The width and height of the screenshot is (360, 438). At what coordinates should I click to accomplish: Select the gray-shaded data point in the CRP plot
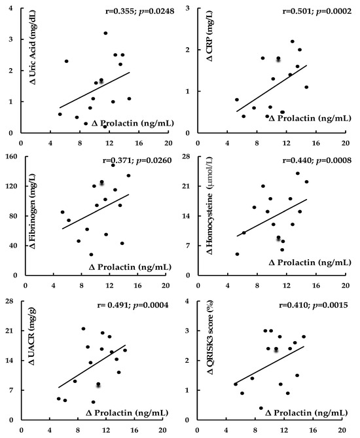pyautogui.click(x=278, y=59)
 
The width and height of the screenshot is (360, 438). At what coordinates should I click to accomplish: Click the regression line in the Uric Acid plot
pyautogui.click(x=95, y=90)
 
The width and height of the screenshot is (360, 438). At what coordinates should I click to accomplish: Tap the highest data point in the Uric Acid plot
pyautogui.click(x=105, y=33)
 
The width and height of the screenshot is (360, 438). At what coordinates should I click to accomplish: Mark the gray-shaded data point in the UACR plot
pyautogui.click(x=98, y=384)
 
